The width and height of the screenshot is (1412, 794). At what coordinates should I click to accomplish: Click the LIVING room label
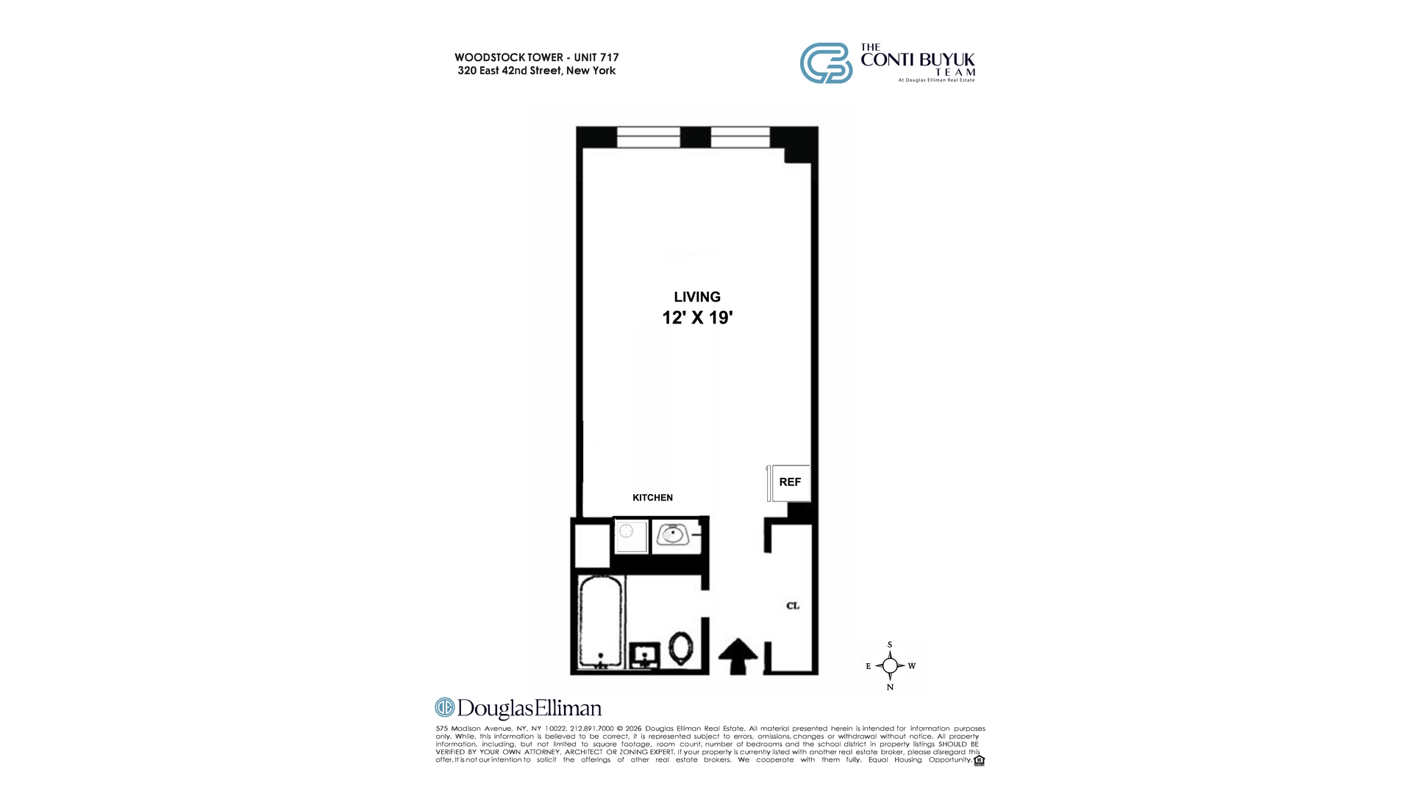pyautogui.click(x=697, y=297)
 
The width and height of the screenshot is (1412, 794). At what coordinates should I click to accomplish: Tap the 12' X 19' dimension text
pyautogui.click(x=697, y=318)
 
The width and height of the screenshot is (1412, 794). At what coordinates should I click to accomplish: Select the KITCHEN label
pyautogui.click(x=652, y=498)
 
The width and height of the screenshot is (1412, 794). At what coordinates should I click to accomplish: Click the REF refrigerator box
pyautogui.click(x=790, y=482)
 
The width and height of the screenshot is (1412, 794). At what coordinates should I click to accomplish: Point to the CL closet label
pyautogui.click(x=793, y=606)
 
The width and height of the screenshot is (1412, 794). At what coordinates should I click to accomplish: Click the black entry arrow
pyautogui.click(x=738, y=656)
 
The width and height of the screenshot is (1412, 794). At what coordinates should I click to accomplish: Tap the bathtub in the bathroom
pyautogui.click(x=601, y=622)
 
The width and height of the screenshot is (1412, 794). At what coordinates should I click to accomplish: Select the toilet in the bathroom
pyautogui.click(x=681, y=649)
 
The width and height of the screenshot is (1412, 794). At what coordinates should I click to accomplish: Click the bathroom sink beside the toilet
pyautogui.click(x=645, y=655)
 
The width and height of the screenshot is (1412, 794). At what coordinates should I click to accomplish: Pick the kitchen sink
pyautogui.click(x=671, y=534)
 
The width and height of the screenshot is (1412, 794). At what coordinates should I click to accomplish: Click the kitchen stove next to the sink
pyautogui.click(x=631, y=536)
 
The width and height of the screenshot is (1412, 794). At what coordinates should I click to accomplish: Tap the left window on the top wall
pyautogui.click(x=648, y=137)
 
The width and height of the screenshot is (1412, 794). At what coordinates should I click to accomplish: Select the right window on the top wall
pyautogui.click(x=740, y=137)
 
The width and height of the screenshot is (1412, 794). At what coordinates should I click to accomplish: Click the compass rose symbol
pyautogui.click(x=890, y=666)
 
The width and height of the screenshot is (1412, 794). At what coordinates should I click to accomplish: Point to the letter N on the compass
pyautogui.click(x=890, y=687)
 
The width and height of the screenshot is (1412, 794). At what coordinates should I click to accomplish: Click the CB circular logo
pyautogui.click(x=826, y=63)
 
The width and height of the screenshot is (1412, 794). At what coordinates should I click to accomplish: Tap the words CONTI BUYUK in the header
pyautogui.click(x=918, y=60)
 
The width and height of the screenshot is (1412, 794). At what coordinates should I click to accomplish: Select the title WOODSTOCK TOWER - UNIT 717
pyautogui.click(x=537, y=57)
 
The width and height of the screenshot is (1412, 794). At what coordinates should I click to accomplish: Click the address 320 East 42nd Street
pyautogui.click(x=537, y=71)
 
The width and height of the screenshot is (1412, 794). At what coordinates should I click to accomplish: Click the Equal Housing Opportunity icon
pyautogui.click(x=979, y=760)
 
